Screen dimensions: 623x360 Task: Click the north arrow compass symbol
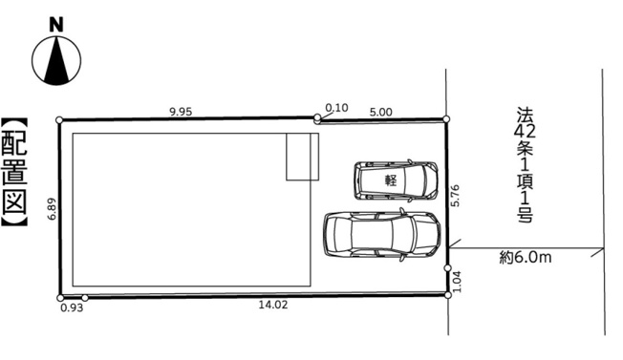point(56,60)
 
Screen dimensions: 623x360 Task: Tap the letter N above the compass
point(56,25)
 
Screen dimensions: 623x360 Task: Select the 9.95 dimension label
point(181,112)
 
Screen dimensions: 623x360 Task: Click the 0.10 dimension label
point(336,108)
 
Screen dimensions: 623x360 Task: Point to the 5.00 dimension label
point(380,112)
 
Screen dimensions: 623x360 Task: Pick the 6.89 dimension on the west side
point(52,209)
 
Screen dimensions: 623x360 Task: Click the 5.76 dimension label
point(456,196)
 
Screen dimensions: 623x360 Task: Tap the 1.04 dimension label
point(458,282)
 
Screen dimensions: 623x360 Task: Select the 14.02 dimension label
point(273,305)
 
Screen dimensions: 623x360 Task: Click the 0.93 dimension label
point(72,307)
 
